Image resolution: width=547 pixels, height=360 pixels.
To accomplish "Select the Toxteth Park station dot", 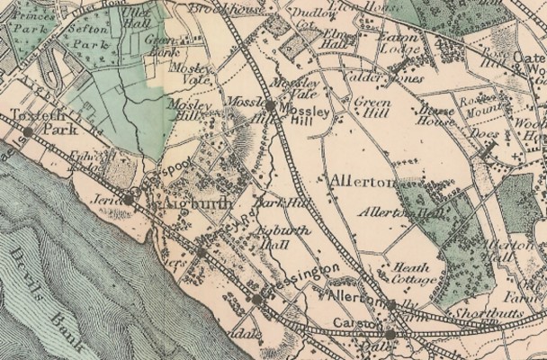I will pyautogui.click(x=28, y=131).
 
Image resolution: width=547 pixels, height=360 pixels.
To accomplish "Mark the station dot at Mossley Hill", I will pyautogui.click(x=270, y=105).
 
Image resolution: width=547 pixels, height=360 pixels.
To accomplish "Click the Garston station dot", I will pyautogui.click(x=390, y=335).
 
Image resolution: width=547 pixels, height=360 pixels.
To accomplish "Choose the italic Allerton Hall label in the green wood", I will pyautogui.click(x=390, y=212).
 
